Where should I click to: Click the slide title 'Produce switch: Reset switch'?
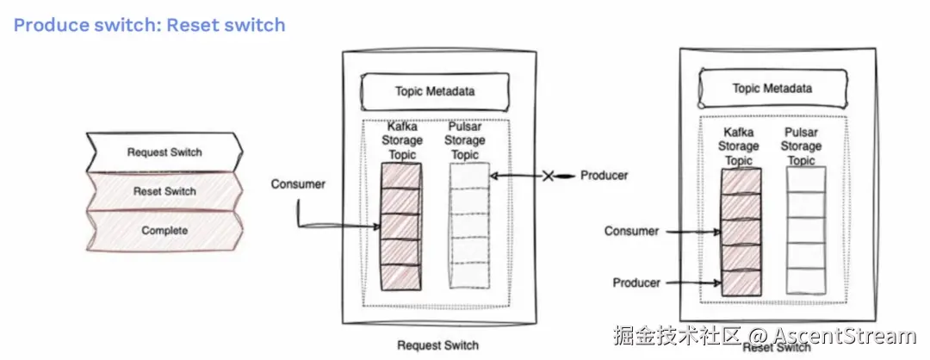(149, 25)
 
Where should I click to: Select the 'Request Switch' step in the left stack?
(164, 152)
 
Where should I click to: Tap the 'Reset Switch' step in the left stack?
(164, 191)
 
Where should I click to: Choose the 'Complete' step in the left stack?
(164, 231)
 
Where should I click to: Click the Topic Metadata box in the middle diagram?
(435, 90)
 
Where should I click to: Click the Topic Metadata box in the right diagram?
(772, 88)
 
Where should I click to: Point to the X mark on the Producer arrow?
(548, 176)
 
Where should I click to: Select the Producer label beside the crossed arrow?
(604, 176)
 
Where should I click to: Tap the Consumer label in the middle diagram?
(297, 184)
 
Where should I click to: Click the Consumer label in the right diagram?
(631, 231)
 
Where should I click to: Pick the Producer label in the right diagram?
(636, 282)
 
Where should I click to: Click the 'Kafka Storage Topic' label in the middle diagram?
(402, 140)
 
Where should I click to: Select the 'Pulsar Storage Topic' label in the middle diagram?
(465, 140)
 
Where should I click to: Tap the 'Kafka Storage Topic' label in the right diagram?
(739, 147)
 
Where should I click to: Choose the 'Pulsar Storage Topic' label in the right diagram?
(801, 146)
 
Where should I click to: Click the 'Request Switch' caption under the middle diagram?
(437, 345)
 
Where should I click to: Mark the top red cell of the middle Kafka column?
(400, 177)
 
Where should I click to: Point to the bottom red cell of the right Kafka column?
(741, 283)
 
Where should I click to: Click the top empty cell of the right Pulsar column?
(806, 180)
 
